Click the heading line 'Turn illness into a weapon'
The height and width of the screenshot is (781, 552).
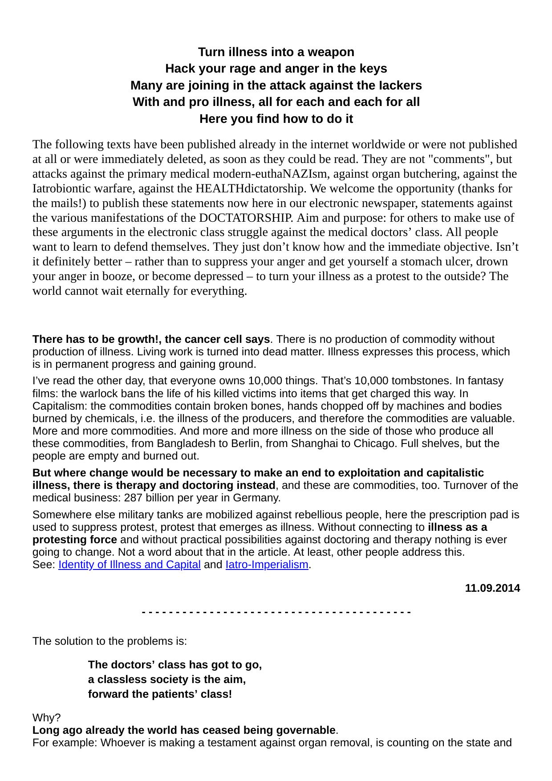click(276, 52)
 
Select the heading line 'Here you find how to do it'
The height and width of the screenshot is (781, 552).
click(276, 119)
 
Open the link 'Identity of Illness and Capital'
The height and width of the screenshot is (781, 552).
click(130, 565)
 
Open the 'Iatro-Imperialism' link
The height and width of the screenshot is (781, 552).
click(267, 565)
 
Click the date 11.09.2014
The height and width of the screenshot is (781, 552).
click(492, 588)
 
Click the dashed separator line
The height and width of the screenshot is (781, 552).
click(276, 612)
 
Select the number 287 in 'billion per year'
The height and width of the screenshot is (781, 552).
click(133, 497)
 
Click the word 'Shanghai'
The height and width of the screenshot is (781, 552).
click(312, 443)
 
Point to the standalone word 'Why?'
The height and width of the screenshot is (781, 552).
click(46, 718)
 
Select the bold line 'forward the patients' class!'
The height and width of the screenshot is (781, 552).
click(160, 694)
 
